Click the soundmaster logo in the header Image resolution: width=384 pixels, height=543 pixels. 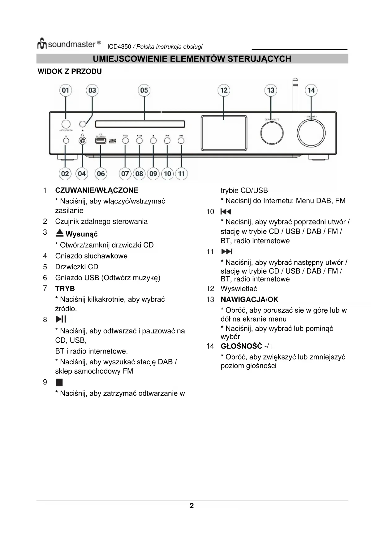[69, 44]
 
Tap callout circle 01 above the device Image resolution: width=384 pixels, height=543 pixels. [65, 90]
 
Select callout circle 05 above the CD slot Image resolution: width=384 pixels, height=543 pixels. [144, 90]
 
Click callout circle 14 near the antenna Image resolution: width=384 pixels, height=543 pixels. [311, 90]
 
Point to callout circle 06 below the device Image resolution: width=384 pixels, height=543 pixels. [101, 173]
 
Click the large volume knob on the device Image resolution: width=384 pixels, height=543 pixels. [311, 133]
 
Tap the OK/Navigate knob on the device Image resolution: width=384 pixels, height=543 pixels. [272, 133]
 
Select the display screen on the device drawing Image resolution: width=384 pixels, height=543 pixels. [224, 133]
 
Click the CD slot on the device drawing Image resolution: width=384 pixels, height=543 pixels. [140, 124]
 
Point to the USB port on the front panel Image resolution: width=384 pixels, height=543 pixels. [101, 141]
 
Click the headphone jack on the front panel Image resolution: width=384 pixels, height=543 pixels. [83, 141]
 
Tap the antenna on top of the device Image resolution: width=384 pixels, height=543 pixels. [295, 94]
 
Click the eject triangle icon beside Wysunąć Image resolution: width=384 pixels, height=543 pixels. [60, 233]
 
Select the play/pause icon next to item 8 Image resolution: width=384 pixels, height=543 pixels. [61, 319]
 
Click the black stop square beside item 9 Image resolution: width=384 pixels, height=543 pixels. [59, 383]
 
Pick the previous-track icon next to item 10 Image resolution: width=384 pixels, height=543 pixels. [226, 212]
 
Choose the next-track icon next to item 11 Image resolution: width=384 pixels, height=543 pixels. [227, 252]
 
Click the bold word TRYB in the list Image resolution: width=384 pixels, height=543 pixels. [65, 289]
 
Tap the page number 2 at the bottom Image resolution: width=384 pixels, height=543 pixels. [192, 506]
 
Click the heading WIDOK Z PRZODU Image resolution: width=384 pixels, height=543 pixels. [70, 72]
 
